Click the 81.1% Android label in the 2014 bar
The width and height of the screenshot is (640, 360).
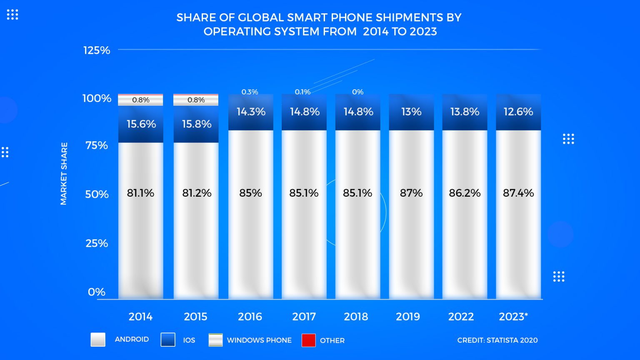(x=140, y=193)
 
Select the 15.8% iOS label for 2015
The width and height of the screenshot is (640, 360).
(x=196, y=124)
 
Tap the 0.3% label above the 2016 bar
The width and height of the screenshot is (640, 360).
(x=250, y=92)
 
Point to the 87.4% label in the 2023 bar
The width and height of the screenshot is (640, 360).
(x=518, y=193)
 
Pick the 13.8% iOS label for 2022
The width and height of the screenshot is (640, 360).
(x=465, y=112)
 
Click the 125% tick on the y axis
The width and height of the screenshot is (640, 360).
(x=97, y=50)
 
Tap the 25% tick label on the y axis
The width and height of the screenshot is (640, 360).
(x=97, y=243)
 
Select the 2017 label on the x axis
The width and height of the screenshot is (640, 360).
(x=304, y=317)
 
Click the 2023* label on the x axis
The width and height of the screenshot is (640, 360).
(x=513, y=317)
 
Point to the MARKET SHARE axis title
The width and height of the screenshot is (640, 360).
(x=64, y=173)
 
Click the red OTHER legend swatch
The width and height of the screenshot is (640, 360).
(x=308, y=340)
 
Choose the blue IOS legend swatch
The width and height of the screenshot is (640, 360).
(x=167, y=340)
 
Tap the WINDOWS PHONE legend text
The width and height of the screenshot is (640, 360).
(x=259, y=340)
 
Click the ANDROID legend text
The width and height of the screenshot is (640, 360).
(x=132, y=339)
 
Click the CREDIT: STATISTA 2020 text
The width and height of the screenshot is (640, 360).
(x=497, y=340)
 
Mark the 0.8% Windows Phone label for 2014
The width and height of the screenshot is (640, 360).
(x=140, y=100)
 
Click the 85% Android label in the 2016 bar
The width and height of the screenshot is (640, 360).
(x=250, y=193)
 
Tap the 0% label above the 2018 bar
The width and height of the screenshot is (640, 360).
(x=357, y=92)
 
